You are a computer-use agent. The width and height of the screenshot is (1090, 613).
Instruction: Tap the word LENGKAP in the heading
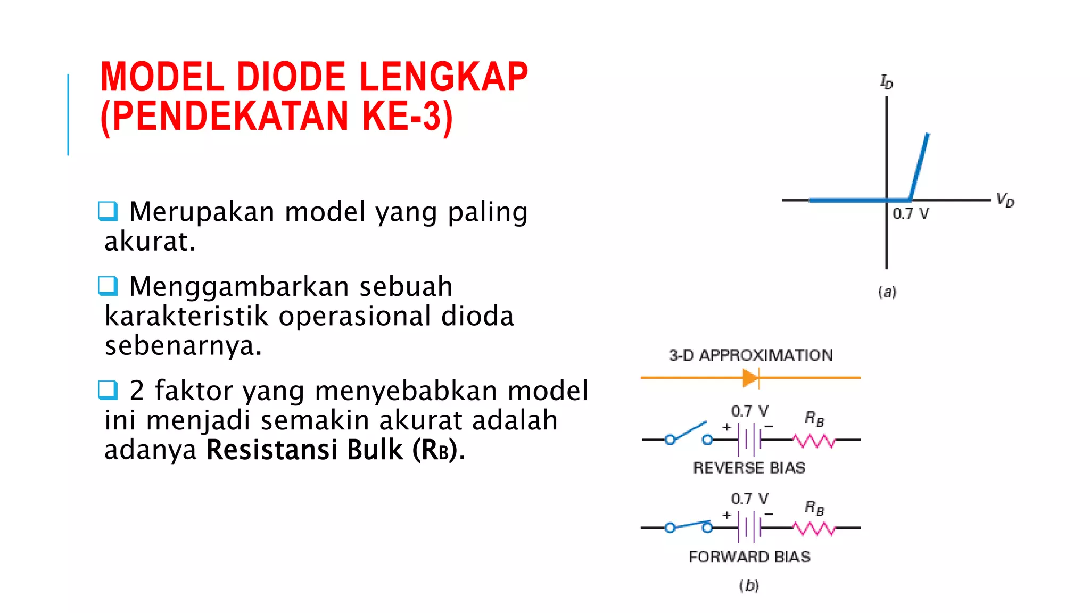point(443,77)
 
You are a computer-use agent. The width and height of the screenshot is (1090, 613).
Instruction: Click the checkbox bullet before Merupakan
point(107,211)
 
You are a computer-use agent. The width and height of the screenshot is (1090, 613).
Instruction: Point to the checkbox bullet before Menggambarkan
point(107,286)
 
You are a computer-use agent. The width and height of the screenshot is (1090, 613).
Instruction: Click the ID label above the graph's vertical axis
point(886,82)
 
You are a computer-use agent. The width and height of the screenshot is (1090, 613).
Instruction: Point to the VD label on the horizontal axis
point(1005,200)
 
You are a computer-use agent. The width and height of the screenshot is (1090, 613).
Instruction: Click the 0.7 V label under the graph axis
point(911,214)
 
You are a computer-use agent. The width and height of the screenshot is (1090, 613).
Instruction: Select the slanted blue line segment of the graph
point(919,166)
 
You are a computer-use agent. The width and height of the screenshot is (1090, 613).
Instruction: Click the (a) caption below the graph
point(887,292)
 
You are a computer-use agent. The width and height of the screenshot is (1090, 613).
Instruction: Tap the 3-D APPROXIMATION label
point(750,355)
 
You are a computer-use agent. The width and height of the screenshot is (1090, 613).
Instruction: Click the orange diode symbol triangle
point(750,378)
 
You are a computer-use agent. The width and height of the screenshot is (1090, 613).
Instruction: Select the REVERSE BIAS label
point(749,468)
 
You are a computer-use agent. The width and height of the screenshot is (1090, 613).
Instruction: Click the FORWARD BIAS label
point(749,557)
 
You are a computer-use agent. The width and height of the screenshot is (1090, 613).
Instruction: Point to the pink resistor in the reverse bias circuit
point(814,441)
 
